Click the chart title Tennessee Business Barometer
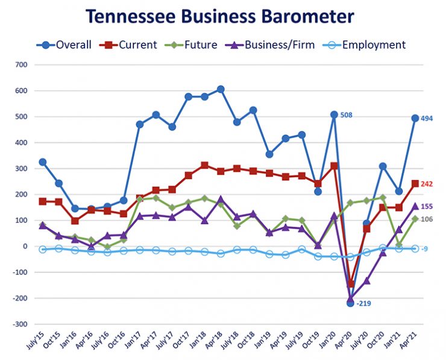tap(221, 16)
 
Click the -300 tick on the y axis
tap(19, 324)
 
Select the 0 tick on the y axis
tap(25, 247)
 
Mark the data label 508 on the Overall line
tap(347, 115)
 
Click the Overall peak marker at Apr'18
tap(221, 89)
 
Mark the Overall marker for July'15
tap(42, 162)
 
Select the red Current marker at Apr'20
tap(350, 283)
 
